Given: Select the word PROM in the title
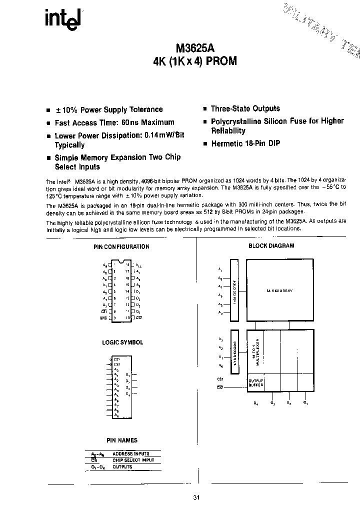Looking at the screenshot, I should pyautogui.click(x=218, y=61).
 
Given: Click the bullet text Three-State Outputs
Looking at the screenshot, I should pyautogui.click(x=245, y=108).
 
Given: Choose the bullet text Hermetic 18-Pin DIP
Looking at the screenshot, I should pyautogui.click(x=245, y=143).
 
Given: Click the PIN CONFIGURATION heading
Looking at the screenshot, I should pyautogui.click(x=121, y=246).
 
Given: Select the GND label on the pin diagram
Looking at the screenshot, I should pyautogui.click(x=103, y=317).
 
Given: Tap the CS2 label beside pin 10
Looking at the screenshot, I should pyautogui.click(x=139, y=317).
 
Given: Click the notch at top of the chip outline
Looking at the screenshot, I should pyautogui.click(x=121, y=261).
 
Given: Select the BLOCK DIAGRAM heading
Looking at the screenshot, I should pyautogui.click(x=271, y=245).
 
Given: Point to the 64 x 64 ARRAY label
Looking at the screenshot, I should pyautogui.click(x=279, y=290).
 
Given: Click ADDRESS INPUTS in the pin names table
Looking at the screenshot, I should pyautogui.click(x=131, y=453).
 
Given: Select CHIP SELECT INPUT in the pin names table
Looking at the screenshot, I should pyautogui.click(x=133, y=460).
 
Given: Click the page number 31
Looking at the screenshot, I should pyautogui.click(x=196, y=497).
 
